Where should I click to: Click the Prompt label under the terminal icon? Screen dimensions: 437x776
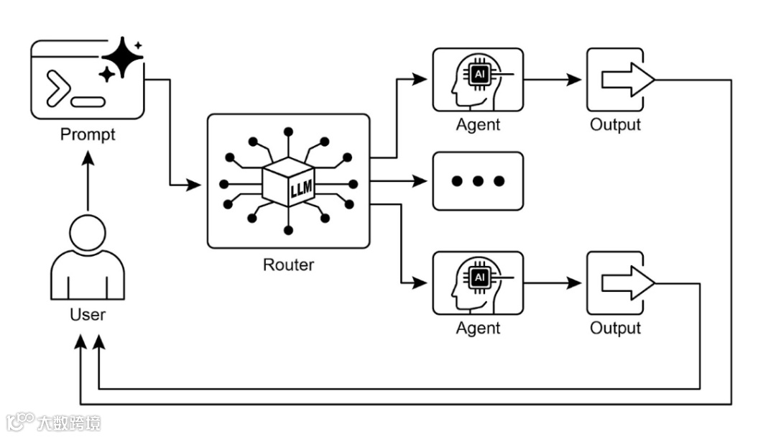(88, 134)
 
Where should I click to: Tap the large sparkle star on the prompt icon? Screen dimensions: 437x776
(122, 57)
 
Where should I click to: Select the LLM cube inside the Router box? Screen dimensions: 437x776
(289, 182)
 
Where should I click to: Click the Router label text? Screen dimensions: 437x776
(288, 264)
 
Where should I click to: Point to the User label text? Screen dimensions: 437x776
(88, 314)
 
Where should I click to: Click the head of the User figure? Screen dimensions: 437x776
(88, 234)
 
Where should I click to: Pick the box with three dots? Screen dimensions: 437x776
(478, 181)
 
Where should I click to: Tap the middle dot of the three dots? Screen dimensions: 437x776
(478, 181)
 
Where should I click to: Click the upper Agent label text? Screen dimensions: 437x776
(478, 124)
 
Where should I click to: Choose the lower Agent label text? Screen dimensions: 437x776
(478, 328)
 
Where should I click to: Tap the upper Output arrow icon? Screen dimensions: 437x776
(625, 79)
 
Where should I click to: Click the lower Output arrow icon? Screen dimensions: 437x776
(625, 282)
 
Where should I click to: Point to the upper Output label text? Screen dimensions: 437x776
(615, 124)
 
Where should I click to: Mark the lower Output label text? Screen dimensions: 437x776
(615, 328)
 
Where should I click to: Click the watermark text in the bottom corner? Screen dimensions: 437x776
(68, 422)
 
